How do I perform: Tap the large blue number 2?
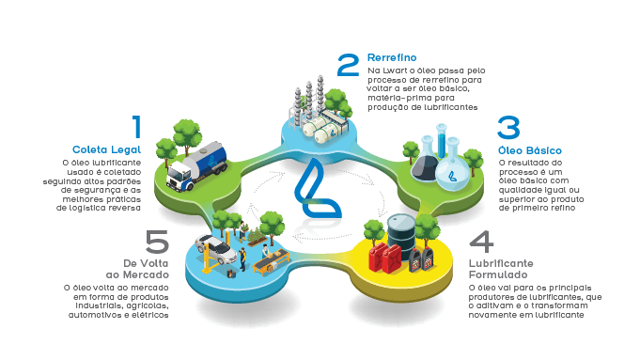(x=350, y=65)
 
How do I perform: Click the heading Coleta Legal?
(x=106, y=149)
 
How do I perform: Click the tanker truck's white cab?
(x=180, y=176)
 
